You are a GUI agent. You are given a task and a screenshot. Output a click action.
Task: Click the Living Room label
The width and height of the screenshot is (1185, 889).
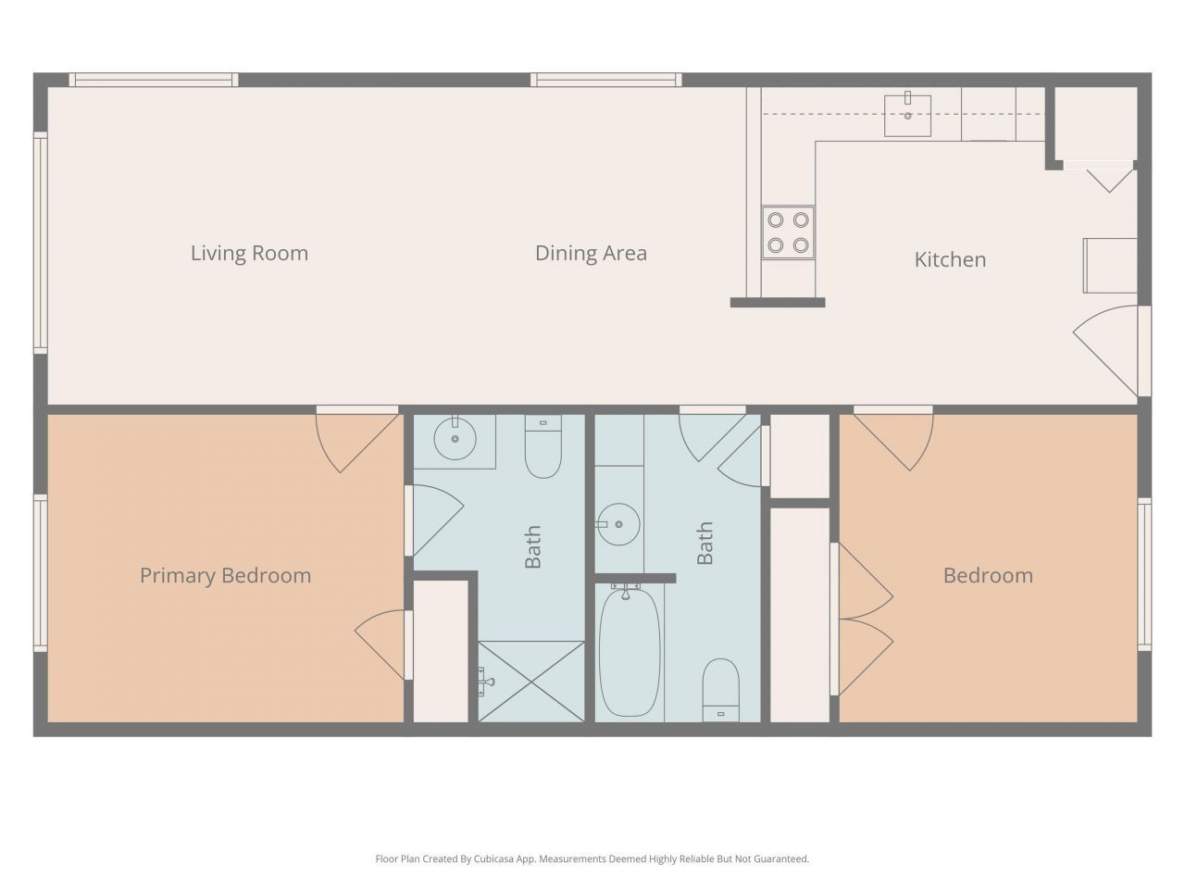tap(249, 253)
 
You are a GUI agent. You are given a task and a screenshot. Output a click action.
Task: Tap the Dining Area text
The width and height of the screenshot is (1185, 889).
tap(591, 253)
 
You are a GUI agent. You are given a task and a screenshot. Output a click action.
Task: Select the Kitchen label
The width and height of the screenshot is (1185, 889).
tap(950, 259)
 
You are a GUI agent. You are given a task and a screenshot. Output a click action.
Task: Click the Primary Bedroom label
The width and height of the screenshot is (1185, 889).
tap(225, 575)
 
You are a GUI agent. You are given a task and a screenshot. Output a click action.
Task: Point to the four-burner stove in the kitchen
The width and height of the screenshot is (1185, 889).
tap(788, 232)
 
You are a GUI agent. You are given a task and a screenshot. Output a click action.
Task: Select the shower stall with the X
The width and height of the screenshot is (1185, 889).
tap(530, 681)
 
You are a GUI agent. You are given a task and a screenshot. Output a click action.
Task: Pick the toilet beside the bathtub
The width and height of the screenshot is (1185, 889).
tap(720, 689)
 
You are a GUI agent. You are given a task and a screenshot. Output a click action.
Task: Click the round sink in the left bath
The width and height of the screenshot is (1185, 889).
tap(455, 441)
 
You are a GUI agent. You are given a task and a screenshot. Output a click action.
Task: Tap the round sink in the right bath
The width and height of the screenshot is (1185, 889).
tap(618, 525)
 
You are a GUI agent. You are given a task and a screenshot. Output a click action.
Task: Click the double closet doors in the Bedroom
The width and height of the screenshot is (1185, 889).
tap(863, 619)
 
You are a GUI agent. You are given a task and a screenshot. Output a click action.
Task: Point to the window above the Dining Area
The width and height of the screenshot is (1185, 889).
tap(605, 81)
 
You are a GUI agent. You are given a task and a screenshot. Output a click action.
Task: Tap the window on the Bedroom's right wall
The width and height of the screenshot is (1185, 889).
tap(1144, 574)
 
